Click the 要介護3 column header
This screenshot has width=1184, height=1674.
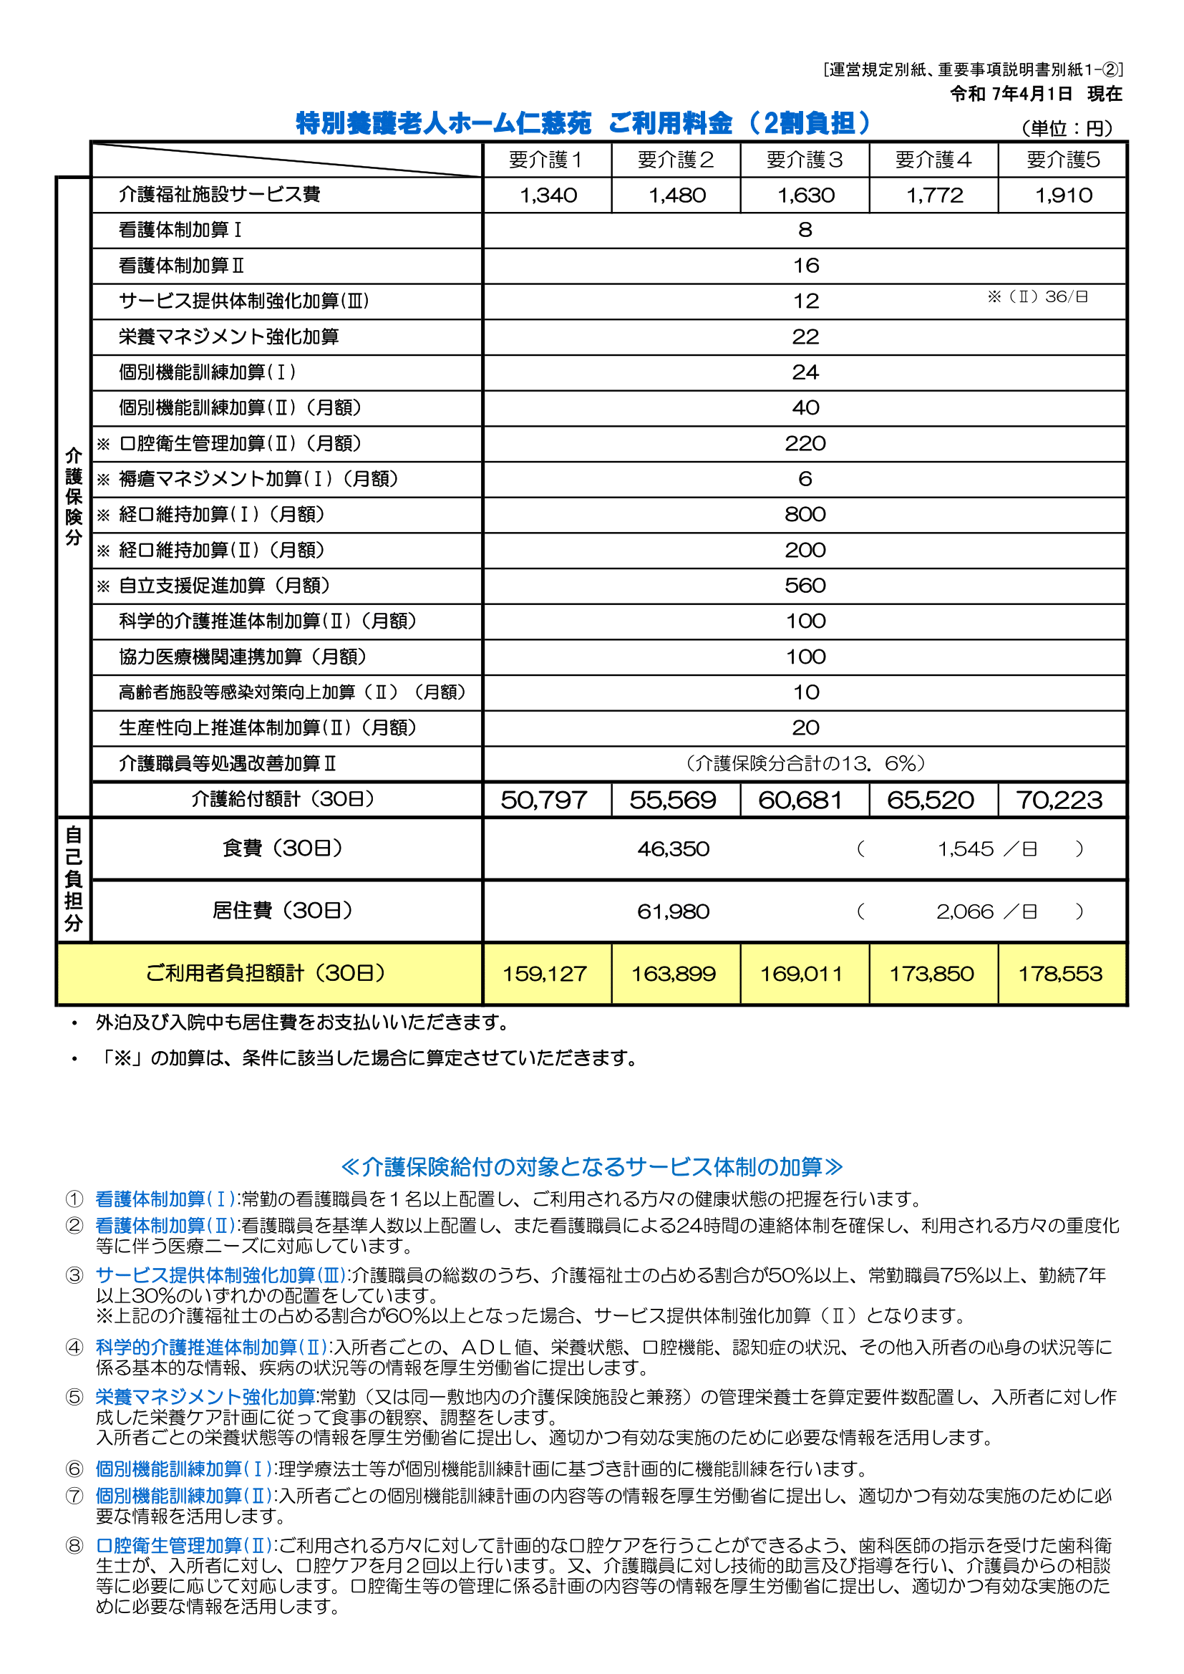click(804, 160)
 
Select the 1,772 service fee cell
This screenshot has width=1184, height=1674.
click(934, 195)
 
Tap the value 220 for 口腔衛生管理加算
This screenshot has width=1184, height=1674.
click(805, 443)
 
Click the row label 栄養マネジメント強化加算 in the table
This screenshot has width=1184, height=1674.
click(229, 337)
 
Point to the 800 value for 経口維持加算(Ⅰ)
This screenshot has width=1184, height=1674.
click(805, 515)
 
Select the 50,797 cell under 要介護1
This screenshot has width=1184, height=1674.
click(544, 800)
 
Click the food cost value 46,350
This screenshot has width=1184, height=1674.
click(673, 849)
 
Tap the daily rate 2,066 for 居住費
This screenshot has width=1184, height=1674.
click(964, 912)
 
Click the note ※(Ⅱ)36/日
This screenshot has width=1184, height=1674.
click(1037, 296)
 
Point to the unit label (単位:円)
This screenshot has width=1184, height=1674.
click(1067, 129)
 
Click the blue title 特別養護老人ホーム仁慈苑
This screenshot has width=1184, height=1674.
click(443, 123)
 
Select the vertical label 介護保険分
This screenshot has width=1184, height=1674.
click(74, 496)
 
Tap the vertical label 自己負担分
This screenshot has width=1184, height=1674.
click(74, 879)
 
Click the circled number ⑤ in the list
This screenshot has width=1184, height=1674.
click(74, 1397)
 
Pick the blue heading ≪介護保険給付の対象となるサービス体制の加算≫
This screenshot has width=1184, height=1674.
click(592, 1166)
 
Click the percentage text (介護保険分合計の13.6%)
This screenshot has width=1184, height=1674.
click(805, 764)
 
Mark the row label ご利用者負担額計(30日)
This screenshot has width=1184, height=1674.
click(266, 973)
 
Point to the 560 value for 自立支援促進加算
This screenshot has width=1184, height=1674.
click(805, 586)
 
